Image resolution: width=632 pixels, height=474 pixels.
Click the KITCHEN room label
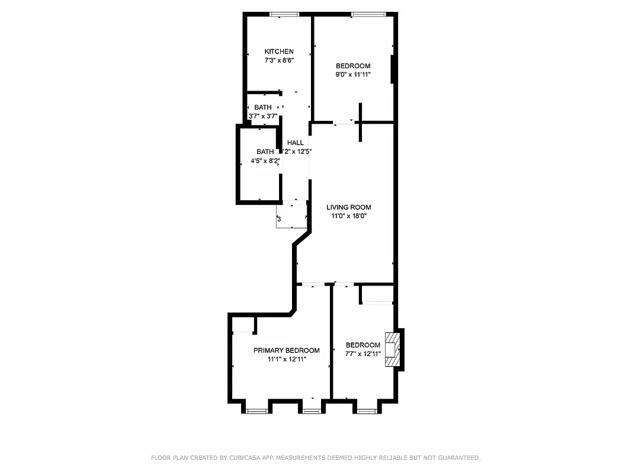tap(279, 52)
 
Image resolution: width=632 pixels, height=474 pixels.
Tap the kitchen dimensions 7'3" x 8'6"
tap(279, 60)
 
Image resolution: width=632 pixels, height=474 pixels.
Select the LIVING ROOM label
tap(349, 207)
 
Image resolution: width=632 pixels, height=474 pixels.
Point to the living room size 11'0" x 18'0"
tap(349, 216)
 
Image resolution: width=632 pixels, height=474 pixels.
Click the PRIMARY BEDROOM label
tap(287, 350)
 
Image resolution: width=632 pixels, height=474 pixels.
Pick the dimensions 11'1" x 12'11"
tap(287, 359)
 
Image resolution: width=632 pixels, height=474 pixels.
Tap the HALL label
tap(296, 143)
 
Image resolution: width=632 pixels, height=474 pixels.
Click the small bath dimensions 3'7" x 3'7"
tap(263, 116)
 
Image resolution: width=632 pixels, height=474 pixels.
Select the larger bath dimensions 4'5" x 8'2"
tap(265, 161)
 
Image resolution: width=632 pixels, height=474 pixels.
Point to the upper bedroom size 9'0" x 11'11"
tap(353, 75)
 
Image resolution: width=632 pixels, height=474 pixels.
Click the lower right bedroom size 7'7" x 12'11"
tap(363, 354)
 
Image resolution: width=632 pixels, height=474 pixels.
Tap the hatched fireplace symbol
tap(392, 350)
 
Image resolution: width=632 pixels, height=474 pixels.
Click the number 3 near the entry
tap(279, 219)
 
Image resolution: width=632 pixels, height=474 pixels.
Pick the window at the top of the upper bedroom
tap(368, 14)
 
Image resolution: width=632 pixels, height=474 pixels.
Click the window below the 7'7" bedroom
tap(367, 411)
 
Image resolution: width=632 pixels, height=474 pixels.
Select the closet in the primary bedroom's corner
tap(243, 325)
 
